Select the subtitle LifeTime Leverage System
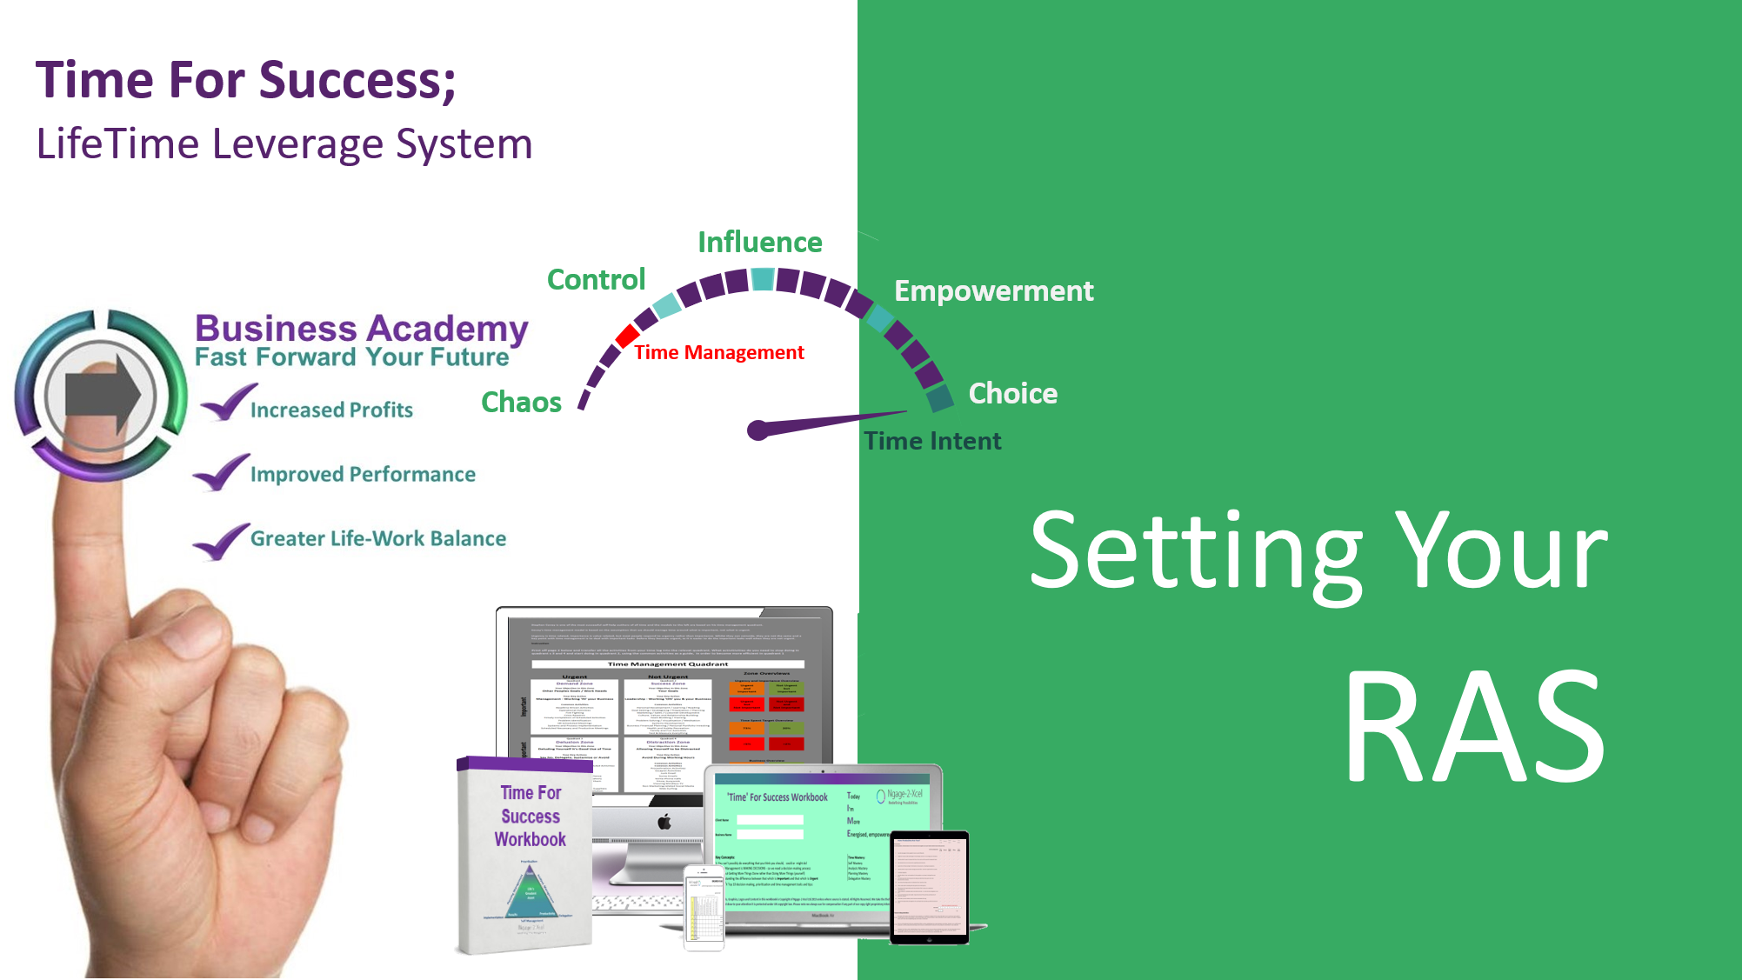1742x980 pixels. (284, 144)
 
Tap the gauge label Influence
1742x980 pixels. (759, 243)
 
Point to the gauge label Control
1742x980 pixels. (596, 280)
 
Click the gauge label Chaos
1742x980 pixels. (521, 403)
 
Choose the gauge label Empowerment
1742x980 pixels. (993, 291)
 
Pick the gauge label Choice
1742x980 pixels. (1012, 394)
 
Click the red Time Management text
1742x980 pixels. (718, 353)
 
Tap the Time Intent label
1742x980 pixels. (932, 442)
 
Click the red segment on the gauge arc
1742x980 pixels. (627, 336)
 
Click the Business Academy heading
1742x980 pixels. (361, 329)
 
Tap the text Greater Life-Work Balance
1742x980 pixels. (377, 539)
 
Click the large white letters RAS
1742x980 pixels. (1475, 727)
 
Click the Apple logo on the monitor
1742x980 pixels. (664, 821)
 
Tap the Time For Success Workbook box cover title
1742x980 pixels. (531, 817)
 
